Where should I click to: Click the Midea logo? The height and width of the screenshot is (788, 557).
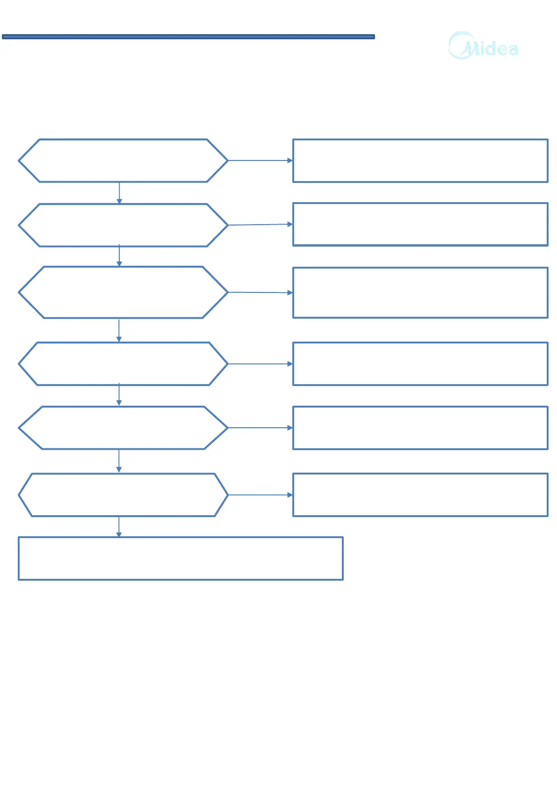484,46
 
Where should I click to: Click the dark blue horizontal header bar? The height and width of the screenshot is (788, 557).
188,36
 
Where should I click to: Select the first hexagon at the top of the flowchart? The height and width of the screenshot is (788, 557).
123,161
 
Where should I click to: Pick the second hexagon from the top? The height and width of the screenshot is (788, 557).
123,225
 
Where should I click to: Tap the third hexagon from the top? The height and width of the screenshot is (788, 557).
123,292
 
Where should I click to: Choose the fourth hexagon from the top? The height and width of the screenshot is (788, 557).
123,364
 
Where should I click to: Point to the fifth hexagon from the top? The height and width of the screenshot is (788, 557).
123,428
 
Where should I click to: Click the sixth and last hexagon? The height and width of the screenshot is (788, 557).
123,495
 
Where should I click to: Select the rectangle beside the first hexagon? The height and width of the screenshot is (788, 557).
420,161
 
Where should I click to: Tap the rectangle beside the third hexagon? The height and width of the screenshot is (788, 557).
420,292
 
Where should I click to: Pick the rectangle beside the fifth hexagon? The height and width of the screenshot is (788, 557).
420,428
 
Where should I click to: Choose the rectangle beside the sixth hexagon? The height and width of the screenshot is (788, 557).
420,495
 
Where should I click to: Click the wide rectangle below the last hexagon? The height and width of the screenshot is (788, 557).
181,558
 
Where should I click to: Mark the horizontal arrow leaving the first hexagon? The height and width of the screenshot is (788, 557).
260,161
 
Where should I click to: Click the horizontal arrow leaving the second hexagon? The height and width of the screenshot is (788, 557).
260,225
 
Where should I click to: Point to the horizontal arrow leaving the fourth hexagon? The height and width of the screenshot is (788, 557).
260,364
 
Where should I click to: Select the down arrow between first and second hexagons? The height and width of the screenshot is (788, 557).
119,193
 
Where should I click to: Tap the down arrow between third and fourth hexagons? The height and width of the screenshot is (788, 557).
119,330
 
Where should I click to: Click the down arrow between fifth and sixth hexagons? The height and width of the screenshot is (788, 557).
119,461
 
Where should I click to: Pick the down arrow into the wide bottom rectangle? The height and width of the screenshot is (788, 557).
119,526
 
